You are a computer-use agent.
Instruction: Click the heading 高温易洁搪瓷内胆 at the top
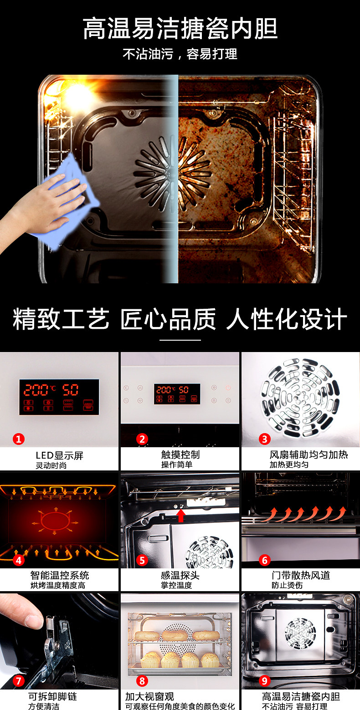180,29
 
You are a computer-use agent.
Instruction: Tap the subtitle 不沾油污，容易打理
180,54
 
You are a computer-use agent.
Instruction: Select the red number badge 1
19,439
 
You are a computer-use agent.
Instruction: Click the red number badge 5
142,560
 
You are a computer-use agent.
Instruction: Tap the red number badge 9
264,680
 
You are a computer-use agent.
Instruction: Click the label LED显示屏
60,455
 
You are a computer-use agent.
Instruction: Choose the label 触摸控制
180,455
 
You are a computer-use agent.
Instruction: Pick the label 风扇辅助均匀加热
309,455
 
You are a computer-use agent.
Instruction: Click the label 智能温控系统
60,575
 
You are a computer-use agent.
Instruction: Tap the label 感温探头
180,575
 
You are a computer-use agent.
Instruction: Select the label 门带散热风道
301,575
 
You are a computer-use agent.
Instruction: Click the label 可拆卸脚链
53,696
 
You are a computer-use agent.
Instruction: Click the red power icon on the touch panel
228,388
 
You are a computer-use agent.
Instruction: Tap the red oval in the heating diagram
55,521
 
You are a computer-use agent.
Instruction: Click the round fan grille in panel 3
300,398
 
